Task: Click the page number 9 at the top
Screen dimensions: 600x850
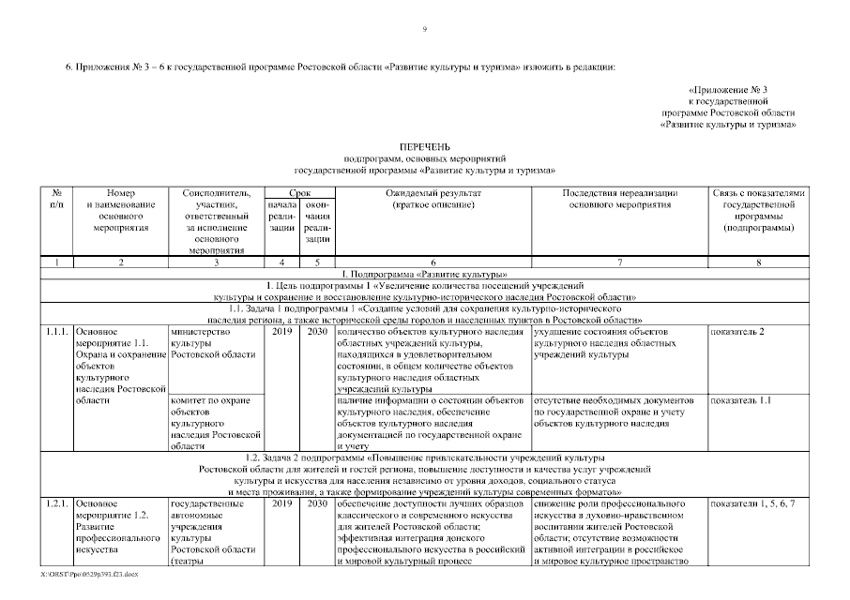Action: coord(424,30)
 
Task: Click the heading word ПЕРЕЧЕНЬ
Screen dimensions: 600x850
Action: coord(424,148)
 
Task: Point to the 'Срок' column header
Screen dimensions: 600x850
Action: coord(298,192)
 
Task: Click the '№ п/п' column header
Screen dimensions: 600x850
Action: coord(56,199)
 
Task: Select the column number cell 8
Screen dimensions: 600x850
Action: coord(758,262)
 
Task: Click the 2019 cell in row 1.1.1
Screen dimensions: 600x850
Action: coord(281,332)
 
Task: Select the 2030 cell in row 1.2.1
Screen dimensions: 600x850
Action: coord(317,504)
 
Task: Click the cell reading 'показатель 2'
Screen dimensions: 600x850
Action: coord(738,332)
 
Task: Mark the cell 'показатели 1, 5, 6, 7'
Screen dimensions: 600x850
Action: coord(753,504)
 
